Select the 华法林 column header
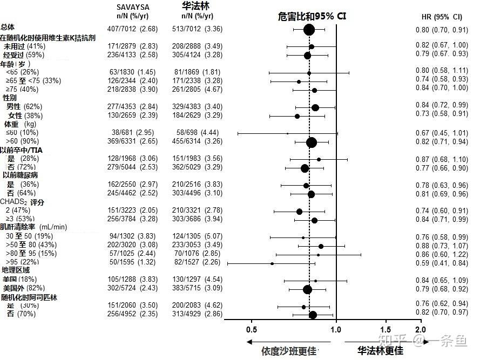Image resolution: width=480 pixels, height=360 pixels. pyautogui.click(x=195, y=6)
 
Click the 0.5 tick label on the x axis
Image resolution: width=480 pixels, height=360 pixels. pyautogui.click(x=252, y=329)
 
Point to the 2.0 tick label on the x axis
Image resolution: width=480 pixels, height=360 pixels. pyautogui.click(x=420, y=329)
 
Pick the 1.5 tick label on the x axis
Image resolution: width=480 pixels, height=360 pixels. pyautogui.click(x=386, y=329)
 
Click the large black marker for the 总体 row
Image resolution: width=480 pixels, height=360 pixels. pyautogui.click(x=309, y=29)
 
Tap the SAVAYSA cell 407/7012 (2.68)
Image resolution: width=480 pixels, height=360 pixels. pyautogui.click(x=133, y=29)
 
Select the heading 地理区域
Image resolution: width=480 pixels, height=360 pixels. pyautogui.click(x=16, y=270)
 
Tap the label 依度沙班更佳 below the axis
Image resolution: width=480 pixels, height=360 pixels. pyautogui.click(x=288, y=351)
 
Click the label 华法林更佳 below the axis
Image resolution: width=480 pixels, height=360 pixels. pyautogui.click(x=381, y=350)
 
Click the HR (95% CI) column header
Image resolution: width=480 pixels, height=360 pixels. pyautogui.click(x=441, y=17)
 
